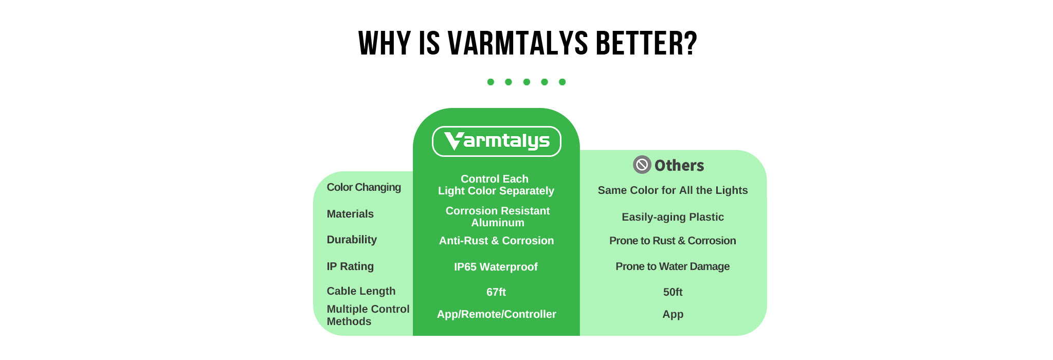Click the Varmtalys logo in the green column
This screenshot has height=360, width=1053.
[x=496, y=141]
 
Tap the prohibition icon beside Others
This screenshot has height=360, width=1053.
[x=642, y=165]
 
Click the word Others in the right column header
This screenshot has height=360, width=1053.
[x=679, y=166]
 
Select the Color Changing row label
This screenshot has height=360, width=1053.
[x=364, y=187]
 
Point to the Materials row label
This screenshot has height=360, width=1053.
[x=350, y=214]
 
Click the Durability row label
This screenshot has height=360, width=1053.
[x=352, y=240]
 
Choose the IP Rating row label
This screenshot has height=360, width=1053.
[x=350, y=266]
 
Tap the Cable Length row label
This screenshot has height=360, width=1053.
[x=361, y=291]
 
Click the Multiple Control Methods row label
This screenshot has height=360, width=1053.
[x=368, y=315]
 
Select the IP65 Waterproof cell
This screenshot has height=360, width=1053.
[x=496, y=267]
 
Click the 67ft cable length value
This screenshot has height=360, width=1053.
[x=496, y=292]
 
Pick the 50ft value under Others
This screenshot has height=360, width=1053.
[x=673, y=292]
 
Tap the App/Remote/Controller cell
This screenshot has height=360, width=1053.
[x=496, y=314]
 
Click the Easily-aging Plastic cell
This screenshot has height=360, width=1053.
[x=673, y=217]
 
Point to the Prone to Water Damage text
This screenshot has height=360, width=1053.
[x=673, y=266]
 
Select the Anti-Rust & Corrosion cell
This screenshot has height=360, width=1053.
[x=496, y=241]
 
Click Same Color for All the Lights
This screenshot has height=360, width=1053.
[x=673, y=190]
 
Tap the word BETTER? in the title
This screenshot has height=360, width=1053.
[x=646, y=43]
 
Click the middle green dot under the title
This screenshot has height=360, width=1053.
[x=526, y=82]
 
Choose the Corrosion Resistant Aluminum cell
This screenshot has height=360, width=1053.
[x=497, y=217]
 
